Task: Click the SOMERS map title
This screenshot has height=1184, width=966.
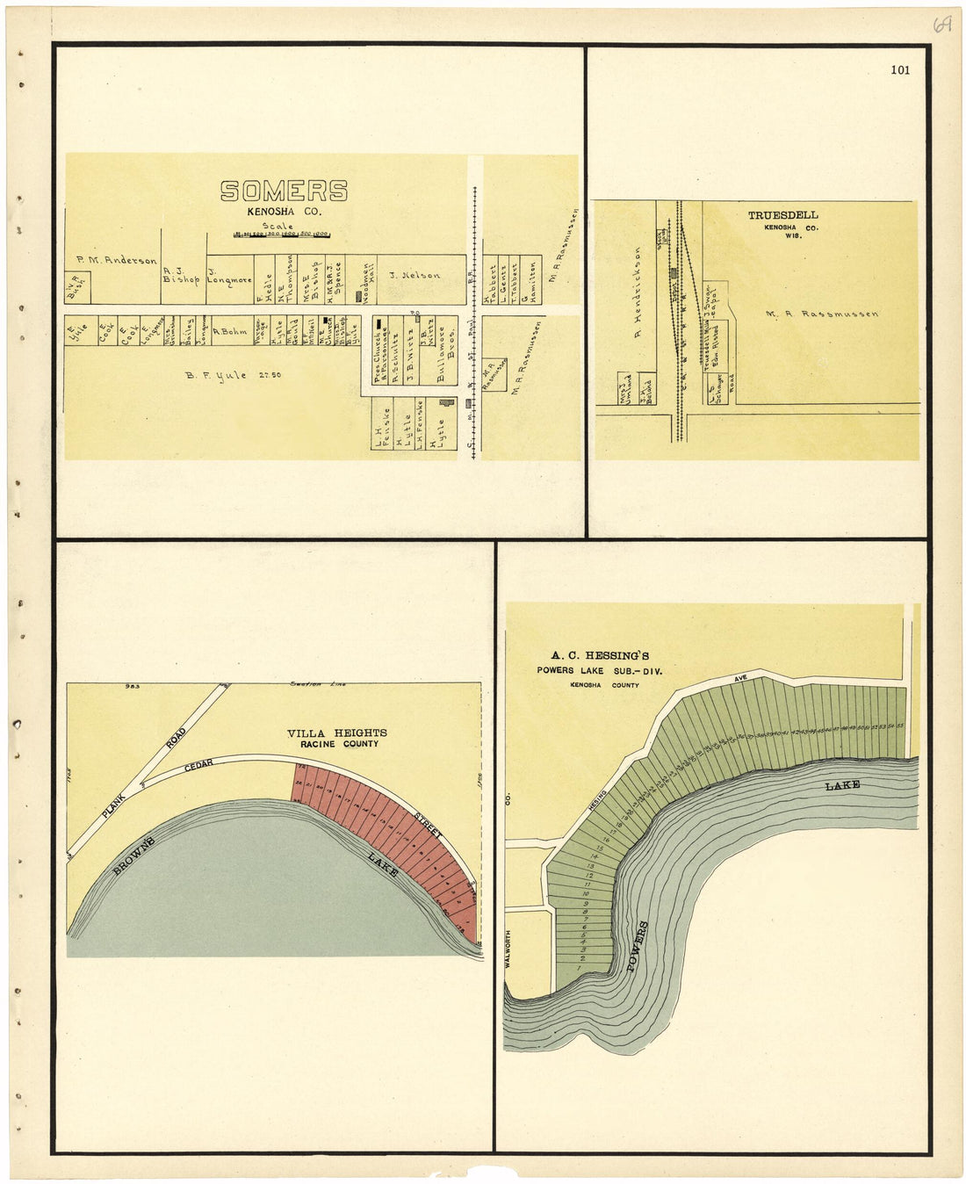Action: tap(284, 191)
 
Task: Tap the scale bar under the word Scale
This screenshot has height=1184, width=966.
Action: tap(282, 235)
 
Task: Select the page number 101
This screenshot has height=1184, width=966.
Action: tap(899, 70)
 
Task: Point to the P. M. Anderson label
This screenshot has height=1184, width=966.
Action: tap(116, 260)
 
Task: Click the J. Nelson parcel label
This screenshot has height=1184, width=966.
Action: tap(415, 275)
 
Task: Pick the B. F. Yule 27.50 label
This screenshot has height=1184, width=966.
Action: tap(233, 375)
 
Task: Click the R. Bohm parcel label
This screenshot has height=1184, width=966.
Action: tap(230, 331)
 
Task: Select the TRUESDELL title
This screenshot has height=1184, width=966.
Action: tap(782, 214)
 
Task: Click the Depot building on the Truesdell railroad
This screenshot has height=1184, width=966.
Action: tap(674, 273)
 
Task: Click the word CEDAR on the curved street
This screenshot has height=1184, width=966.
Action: tap(198, 766)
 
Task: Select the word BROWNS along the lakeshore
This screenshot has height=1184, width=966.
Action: tap(134, 850)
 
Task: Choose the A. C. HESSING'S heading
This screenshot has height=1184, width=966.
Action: tap(600, 655)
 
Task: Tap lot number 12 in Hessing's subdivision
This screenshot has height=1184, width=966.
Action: tap(589, 876)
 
